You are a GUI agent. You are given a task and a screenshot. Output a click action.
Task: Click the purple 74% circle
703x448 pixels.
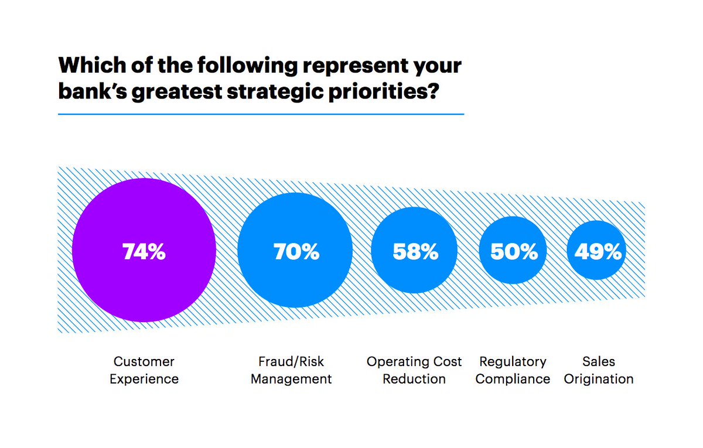[x=144, y=250]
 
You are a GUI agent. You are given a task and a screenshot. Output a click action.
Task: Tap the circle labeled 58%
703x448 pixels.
[x=415, y=251]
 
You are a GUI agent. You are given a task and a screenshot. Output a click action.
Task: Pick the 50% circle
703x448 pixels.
[x=513, y=251]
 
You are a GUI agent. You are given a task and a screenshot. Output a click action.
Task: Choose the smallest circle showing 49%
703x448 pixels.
[x=597, y=251]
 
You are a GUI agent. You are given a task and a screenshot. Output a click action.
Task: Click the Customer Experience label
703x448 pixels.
[x=144, y=370]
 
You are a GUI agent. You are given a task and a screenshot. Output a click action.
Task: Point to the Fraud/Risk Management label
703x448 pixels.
[x=291, y=370]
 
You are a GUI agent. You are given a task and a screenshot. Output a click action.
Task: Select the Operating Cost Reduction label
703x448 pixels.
[x=414, y=370]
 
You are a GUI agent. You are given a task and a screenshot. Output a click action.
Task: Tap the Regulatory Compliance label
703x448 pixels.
[x=513, y=370]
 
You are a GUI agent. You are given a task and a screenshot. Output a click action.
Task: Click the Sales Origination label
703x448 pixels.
[x=599, y=370]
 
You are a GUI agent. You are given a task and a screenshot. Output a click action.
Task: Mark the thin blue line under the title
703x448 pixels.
[x=261, y=114]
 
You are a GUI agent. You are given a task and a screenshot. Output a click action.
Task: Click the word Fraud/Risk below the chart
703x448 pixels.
[x=291, y=361]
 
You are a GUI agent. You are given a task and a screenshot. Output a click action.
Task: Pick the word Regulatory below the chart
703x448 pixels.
[x=513, y=362]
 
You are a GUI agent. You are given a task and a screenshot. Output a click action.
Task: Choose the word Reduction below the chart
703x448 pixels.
[x=414, y=379]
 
